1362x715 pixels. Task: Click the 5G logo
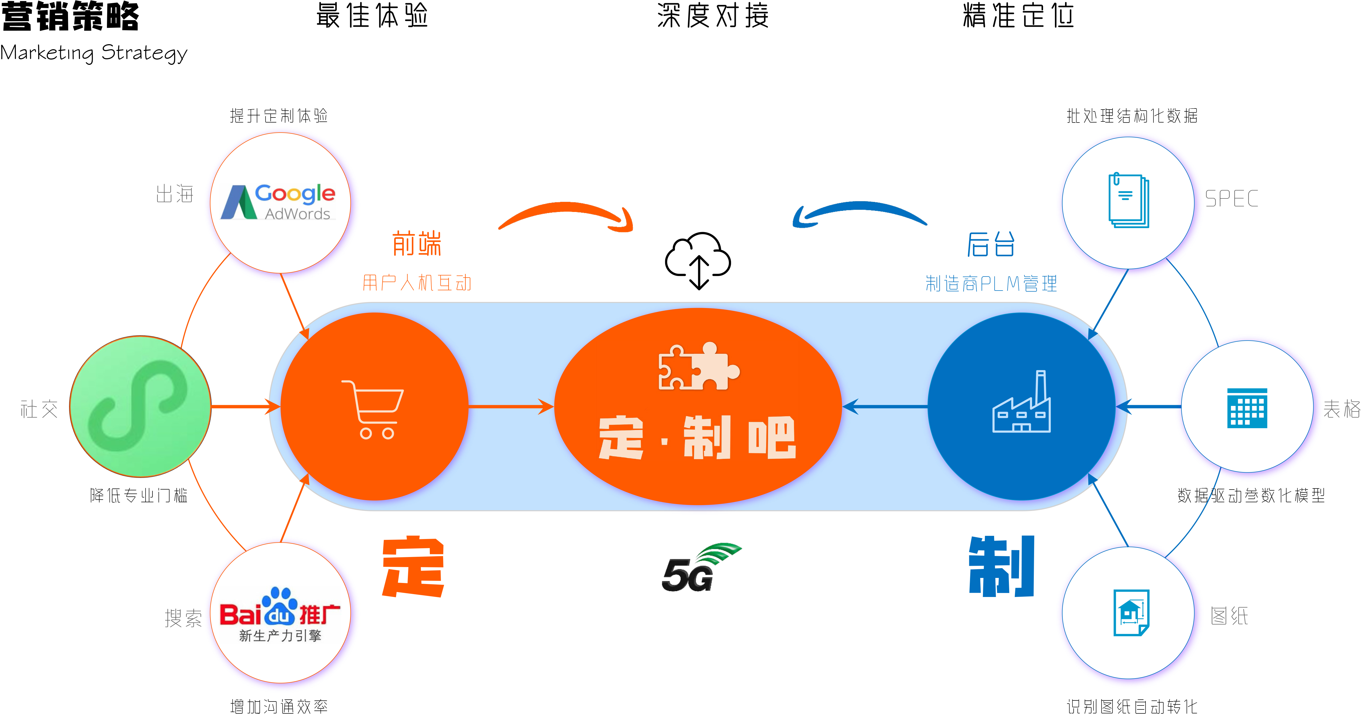[701, 567]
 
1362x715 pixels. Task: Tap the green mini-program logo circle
[140, 406]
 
